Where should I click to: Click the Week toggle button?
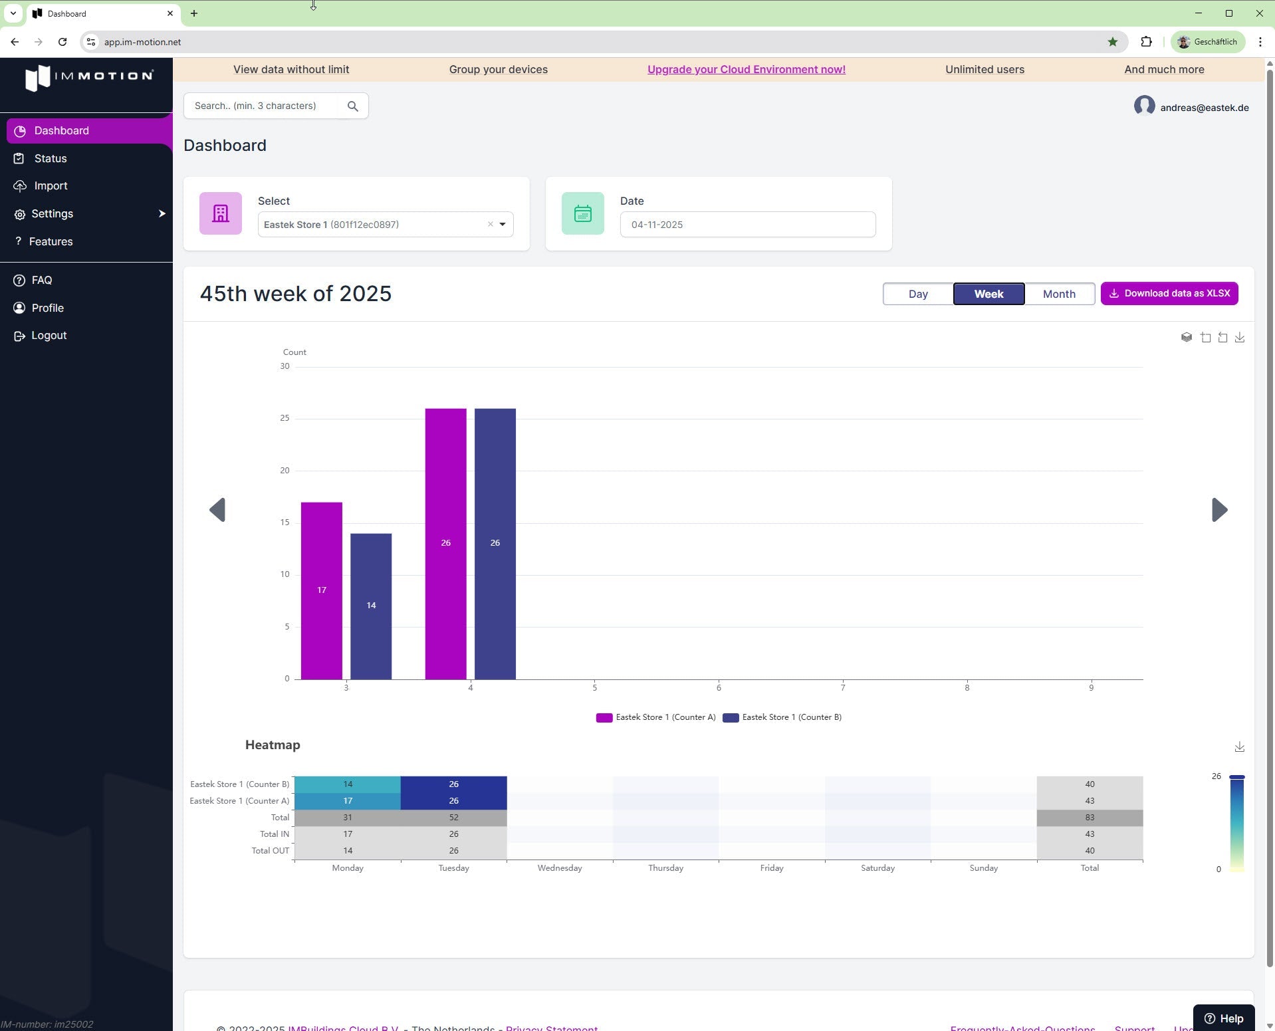988,294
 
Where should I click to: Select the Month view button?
1058,294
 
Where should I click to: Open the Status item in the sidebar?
51,158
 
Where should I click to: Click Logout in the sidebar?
49,335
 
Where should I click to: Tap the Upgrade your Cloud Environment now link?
746,69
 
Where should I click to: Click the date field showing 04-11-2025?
747,225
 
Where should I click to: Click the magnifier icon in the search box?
353,106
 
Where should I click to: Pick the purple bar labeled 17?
322,590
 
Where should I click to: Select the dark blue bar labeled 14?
371,606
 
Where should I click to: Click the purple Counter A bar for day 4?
445,543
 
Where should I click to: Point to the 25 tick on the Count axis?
285,418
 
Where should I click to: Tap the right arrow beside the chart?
1219,510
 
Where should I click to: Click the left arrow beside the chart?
217,510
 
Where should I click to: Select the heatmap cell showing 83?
1089,818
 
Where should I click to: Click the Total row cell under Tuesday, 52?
453,818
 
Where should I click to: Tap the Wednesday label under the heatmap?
559,868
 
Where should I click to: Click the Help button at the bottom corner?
1223,1018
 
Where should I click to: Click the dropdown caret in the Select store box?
503,225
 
